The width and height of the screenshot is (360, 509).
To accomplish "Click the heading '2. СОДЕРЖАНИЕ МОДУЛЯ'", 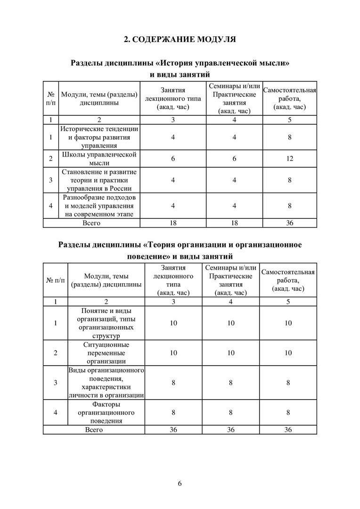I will coord(180,39).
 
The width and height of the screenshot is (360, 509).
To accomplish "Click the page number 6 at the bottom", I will coord(180,483).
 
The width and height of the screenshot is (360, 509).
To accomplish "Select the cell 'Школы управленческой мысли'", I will coord(99,159).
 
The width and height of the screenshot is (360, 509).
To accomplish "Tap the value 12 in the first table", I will coord(289,159).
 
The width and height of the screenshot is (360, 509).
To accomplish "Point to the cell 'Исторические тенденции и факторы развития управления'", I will coord(99,137).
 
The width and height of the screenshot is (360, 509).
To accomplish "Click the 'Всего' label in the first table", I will coord(91,223).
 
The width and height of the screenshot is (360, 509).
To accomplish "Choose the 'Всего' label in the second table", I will coord(94,429).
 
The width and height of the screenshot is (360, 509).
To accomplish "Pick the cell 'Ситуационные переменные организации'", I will coord(106,353).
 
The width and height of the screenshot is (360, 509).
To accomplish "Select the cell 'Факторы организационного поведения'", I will coord(106,412).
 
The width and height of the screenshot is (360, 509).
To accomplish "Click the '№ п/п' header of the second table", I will coord(56,280).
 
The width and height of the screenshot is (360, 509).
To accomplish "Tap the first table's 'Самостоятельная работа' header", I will coord(289,99).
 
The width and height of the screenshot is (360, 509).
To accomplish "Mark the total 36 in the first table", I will coord(289,223).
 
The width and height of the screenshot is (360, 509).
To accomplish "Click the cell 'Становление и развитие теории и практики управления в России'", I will coord(99,180).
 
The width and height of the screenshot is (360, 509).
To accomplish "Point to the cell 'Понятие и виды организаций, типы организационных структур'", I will coord(106,323).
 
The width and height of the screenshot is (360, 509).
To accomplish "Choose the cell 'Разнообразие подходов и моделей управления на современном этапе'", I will coord(99,205).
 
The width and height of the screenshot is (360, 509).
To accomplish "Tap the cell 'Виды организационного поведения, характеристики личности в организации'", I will coord(106,383).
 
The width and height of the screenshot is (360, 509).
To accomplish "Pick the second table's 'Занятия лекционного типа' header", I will coord(173,280).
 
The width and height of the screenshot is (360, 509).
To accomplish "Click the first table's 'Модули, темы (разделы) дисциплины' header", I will coord(99,99).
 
